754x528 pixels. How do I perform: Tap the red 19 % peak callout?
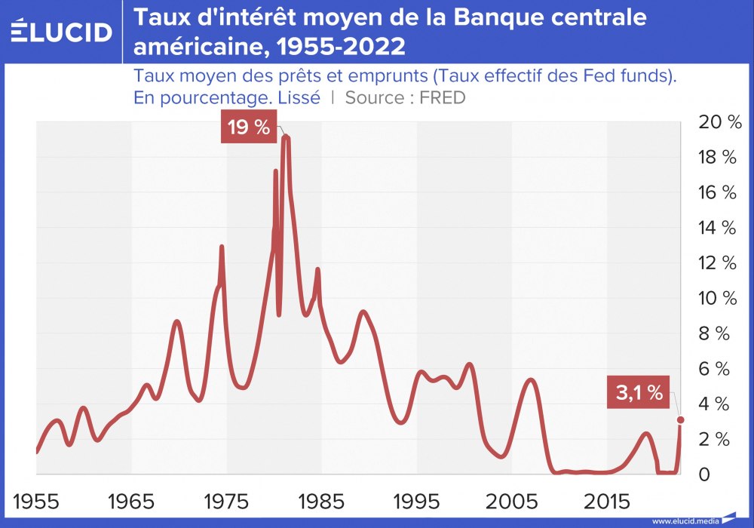pos(248,127)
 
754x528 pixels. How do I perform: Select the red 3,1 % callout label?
pos(639,392)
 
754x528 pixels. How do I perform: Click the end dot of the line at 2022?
pos(680,419)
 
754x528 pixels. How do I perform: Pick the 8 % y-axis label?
pos(720,333)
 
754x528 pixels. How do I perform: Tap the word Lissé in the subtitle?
pos(299,98)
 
